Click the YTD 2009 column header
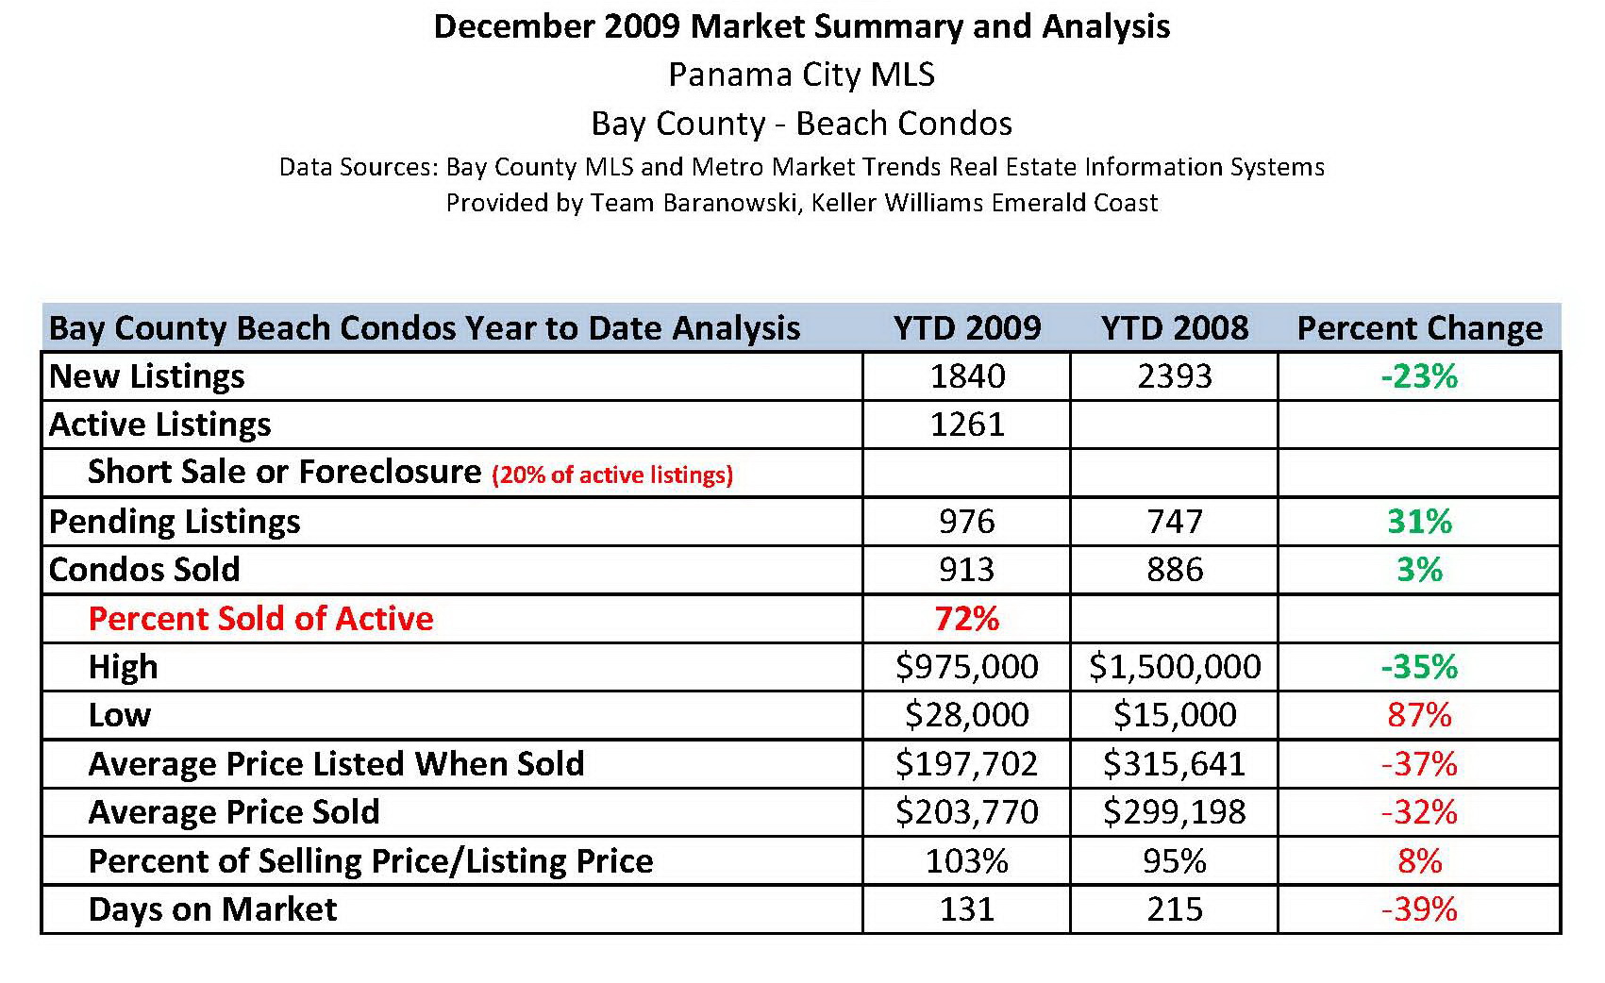(x=966, y=328)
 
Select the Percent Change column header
(x=1419, y=328)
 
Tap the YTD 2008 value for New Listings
(x=1174, y=376)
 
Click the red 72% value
(x=966, y=619)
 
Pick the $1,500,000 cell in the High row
(x=1174, y=667)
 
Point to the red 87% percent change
(x=1419, y=715)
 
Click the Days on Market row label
(x=212, y=909)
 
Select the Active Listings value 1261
(x=966, y=425)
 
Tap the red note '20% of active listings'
(x=611, y=475)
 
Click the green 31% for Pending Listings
(x=1419, y=522)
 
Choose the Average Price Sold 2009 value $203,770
(x=966, y=812)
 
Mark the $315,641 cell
(x=1174, y=764)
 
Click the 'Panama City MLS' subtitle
(x=801, y=75)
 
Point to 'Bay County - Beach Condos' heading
(x=801, y=124)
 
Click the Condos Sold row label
(x=144, y=570)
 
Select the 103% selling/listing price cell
(x=966, y=861)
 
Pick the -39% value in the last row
(x=1419, y=909)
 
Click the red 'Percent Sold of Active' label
(x=260, y=619)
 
